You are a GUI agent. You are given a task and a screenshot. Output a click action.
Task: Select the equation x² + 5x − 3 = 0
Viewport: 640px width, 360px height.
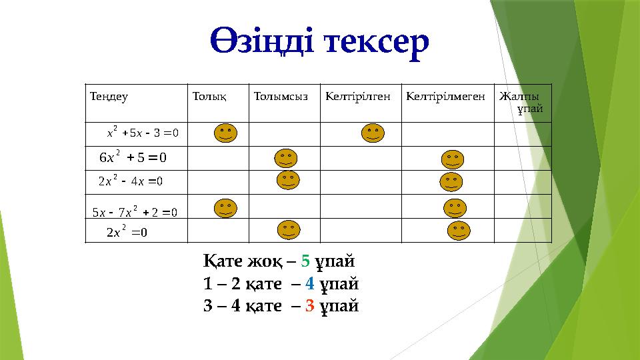pyautogui.click(x=142, y=132)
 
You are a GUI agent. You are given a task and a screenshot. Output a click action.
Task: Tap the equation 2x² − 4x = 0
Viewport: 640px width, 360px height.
pyautogui.click(x=131, y=181)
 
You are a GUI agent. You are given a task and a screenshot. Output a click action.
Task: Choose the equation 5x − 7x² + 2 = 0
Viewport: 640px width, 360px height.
pyautogui.click(x=135, y=212)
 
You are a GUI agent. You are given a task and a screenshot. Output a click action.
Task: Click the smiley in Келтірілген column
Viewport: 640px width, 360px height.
pyautogui.click(x=373, y=133)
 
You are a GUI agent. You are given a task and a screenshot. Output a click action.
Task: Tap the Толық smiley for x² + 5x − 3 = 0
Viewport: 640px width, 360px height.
pyautogui.click(x=226, y=133)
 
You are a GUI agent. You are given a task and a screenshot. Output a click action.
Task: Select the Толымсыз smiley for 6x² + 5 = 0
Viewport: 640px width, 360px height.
pyautogui.click(x=286, y=159)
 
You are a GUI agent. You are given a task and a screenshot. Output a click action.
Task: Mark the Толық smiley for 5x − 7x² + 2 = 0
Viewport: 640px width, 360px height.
pyautogui.click(x=226, y=208)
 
